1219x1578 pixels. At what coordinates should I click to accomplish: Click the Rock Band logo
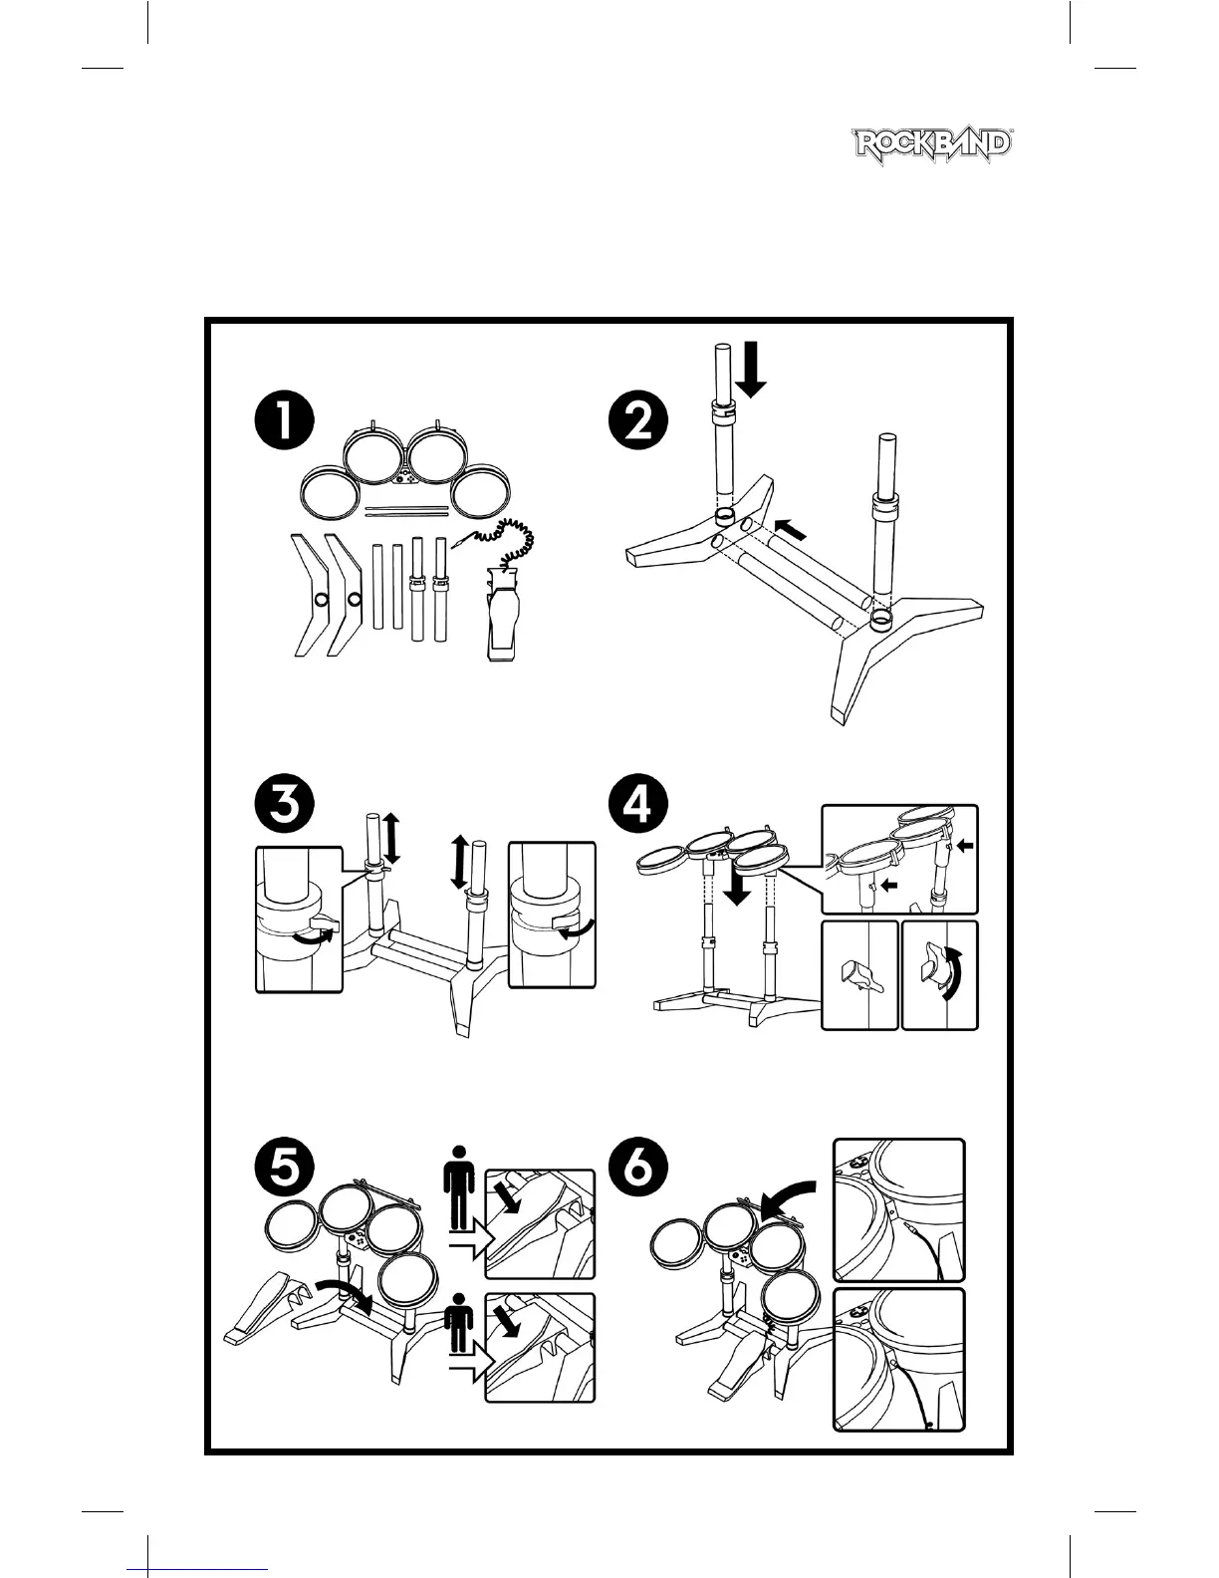933,145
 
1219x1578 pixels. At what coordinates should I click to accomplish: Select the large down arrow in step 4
738,881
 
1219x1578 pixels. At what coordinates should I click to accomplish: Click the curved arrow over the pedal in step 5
343,1291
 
